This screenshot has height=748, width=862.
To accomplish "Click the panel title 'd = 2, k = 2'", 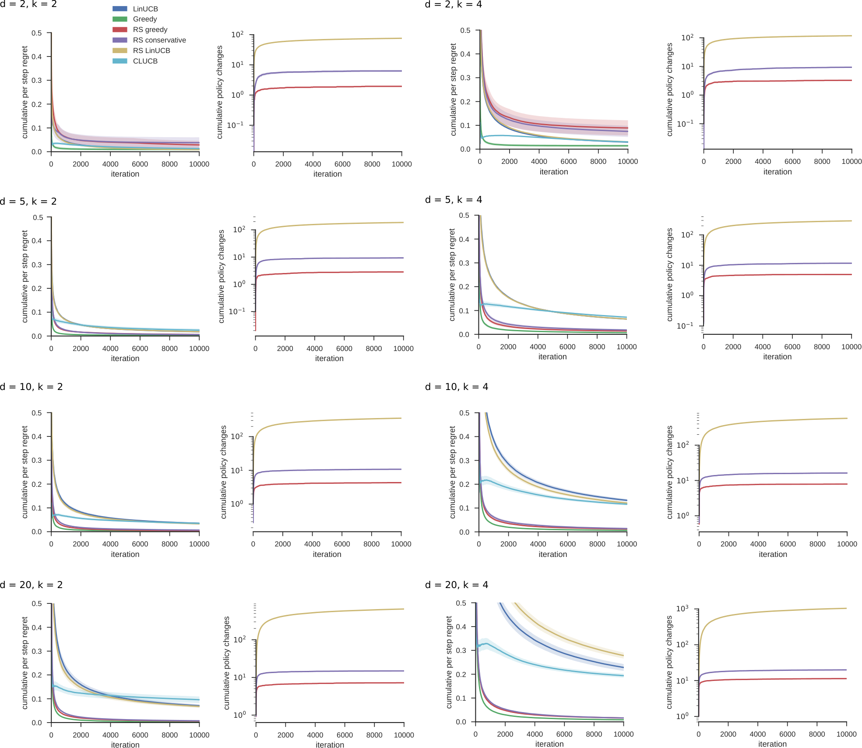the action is pyautogui.click(x=28, y=4).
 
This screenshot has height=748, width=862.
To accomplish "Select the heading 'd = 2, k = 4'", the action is pyautogui.click(x=454, y=4).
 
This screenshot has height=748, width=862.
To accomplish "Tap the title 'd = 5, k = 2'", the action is pyautogui.click(x=28, y=202).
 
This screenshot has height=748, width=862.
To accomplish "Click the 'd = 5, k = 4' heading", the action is pyautogui.click(x=454, y=200).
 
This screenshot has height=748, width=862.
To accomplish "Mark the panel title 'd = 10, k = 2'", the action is pyautogui.click(x=32, y=387).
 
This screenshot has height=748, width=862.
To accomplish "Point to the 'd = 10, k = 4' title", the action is pyautogui.click(x=457, y=387).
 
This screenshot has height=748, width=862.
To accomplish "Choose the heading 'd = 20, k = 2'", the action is pyautogui.click(x=32, y=585).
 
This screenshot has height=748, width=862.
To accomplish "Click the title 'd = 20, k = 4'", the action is pyautogui.click(x=457, y=585).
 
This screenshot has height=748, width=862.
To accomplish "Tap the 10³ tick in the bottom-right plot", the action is pyautogui.click(x=682, y=609).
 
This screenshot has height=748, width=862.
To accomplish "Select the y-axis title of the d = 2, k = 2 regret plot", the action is pyautogui.click(x=25, y=92).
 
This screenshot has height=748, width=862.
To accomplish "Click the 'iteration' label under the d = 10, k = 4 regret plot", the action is pyautogui.click(x=552, y=554).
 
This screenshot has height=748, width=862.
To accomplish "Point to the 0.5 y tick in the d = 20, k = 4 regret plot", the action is pyautogui.click(x=461, y=603).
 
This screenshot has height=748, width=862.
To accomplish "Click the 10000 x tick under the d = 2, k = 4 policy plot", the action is pyautogui.click(x=851, y=162).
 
